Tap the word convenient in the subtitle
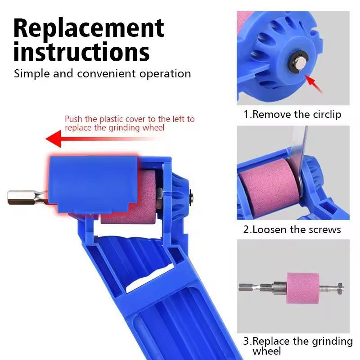point(105,73)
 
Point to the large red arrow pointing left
point(90,138)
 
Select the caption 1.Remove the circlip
point(292,114)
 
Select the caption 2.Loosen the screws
point(292,229)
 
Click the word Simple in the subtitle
point(31,73)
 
